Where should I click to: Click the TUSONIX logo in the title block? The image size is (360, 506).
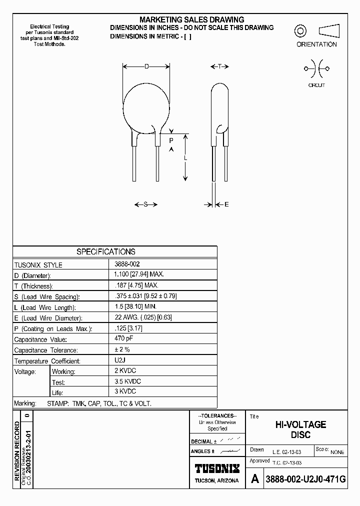tap(216, 468)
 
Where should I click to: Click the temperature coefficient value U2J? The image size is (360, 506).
tap(119, 359)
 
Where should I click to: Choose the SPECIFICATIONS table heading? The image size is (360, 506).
tap(105, 252)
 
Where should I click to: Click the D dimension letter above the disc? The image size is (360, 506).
tap(146, 66)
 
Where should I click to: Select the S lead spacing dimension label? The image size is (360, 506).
tap(146, 204)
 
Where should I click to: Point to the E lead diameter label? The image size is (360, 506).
tap(226, 204)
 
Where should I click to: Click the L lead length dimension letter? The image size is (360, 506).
tap(185, 158)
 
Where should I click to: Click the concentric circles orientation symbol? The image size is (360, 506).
tap(300, 31)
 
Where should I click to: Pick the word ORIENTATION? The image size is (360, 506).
tap(316, 44)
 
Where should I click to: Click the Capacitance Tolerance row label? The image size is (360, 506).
tap(45, 350)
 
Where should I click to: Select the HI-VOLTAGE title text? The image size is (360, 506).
tap(301, 424)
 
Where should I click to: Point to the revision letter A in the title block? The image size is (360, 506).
tap(255, 479)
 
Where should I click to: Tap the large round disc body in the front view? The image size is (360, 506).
tap(146, 106)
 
